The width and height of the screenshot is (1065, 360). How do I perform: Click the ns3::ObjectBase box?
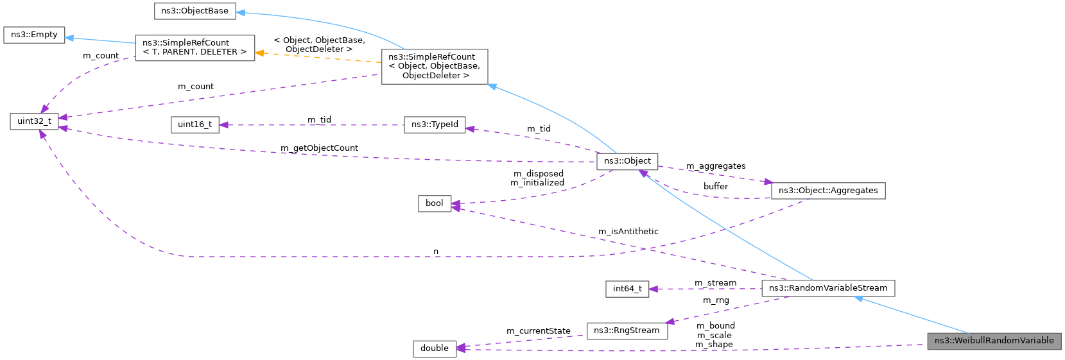pyautogui.click(x=195, y=11)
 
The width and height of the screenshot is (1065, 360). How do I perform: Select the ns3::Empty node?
pyautogui.click(x=34, y=35)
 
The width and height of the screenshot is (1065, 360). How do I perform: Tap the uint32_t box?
pyautogui.click(x=34, y=121)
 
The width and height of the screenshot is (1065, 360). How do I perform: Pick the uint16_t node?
pyautogui.click(x=195, y=124)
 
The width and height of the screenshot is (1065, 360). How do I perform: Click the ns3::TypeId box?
pyautogui.click(x=435, y=124)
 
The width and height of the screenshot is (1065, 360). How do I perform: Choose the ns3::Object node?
pyautogui.click(x=627, y=161)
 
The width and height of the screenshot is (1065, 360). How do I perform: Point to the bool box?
pyautogui.click(x=434, y=203)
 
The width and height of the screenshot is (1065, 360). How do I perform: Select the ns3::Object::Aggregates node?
pyautogui.click(x=827, y=191)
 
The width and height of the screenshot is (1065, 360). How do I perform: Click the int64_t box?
pyautogui.click(x=627, y=289)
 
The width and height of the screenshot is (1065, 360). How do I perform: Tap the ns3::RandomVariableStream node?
pyautogui.click(x=827, y=288)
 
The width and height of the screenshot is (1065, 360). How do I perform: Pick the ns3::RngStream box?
pyautogui.click(x=627, y=330)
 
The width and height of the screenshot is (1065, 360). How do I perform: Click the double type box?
pyautogui.click(x=434, y=348)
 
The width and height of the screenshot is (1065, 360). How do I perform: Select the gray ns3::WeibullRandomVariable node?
pyautogui.click(x=994, y=341)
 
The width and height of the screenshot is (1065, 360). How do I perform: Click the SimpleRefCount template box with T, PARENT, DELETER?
pyautogui.click(x=195, y=47)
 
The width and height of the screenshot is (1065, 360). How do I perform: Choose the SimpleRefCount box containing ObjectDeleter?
pyautogui.click(x=434, y=66)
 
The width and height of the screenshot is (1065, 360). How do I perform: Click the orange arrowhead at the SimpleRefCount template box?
pyautogui.click(x=260, y=53)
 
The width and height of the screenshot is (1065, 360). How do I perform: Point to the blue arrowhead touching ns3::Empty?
pyautogui.click(x=70, y=38)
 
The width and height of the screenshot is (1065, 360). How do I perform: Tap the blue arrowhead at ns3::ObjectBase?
pyautogui.click(x=241, y=12)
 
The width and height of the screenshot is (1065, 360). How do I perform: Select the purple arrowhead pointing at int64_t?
pyautogui.click(x=654, y=289)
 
